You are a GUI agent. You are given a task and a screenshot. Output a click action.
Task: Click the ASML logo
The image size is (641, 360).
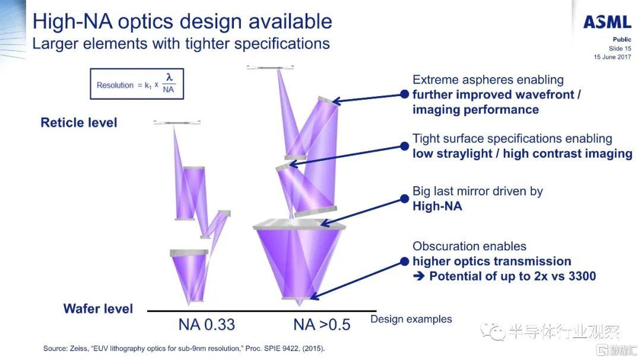click(607, 22)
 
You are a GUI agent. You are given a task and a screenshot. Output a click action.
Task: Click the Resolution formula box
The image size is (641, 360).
click(137, 84)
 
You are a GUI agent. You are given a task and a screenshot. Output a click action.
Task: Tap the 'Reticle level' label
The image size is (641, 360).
click(79, 122)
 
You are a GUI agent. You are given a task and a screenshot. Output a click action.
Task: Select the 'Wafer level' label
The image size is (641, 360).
click(98, 308)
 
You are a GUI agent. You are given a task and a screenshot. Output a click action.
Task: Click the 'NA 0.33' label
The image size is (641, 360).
click(207, 325)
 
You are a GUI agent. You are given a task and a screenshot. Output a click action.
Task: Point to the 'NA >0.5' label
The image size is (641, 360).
click(322, 325)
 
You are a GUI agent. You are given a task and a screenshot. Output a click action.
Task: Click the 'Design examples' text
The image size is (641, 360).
click(411, 319)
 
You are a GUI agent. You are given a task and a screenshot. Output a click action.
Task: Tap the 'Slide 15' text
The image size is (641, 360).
click(620, 48)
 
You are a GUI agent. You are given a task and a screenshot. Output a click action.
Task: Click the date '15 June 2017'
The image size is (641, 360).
click(613, 57)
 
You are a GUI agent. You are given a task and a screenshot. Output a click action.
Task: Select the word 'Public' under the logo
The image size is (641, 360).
click(622, 39)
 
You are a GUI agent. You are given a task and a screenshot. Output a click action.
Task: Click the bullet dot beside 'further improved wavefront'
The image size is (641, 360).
click(404, 94)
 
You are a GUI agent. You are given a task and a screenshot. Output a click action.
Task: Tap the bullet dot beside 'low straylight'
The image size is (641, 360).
click(404, 146)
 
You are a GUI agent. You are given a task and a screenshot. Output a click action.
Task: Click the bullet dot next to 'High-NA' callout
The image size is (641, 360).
click(404, 199)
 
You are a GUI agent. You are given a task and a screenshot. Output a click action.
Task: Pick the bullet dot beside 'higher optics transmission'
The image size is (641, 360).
click(404, 262)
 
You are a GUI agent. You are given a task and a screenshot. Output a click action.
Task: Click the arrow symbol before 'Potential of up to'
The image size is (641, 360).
click(418, 276)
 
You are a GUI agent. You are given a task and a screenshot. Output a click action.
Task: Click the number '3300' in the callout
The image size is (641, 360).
click(582, 276)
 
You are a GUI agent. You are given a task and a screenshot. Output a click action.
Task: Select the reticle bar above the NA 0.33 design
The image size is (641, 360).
click(177, 122)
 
